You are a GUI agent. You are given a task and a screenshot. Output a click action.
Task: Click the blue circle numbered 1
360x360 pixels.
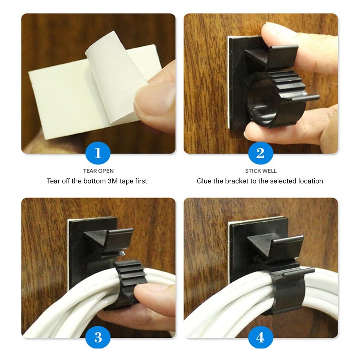click(98, 153)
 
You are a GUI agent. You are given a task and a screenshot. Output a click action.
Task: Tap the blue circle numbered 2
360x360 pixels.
click(261, 153)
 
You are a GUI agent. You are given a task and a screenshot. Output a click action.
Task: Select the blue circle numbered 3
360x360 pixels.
click(98, 337)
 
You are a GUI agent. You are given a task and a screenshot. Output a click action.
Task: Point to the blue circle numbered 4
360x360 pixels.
click(261, 337)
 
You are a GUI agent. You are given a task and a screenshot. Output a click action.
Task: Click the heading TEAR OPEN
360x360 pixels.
click(98, 171)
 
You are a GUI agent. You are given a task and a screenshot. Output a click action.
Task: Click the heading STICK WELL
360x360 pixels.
click(261, 171)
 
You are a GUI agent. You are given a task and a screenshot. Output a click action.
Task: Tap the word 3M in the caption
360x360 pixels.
click(112, 181)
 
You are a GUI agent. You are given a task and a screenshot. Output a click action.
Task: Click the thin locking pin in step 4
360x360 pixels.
click(298, 271)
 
